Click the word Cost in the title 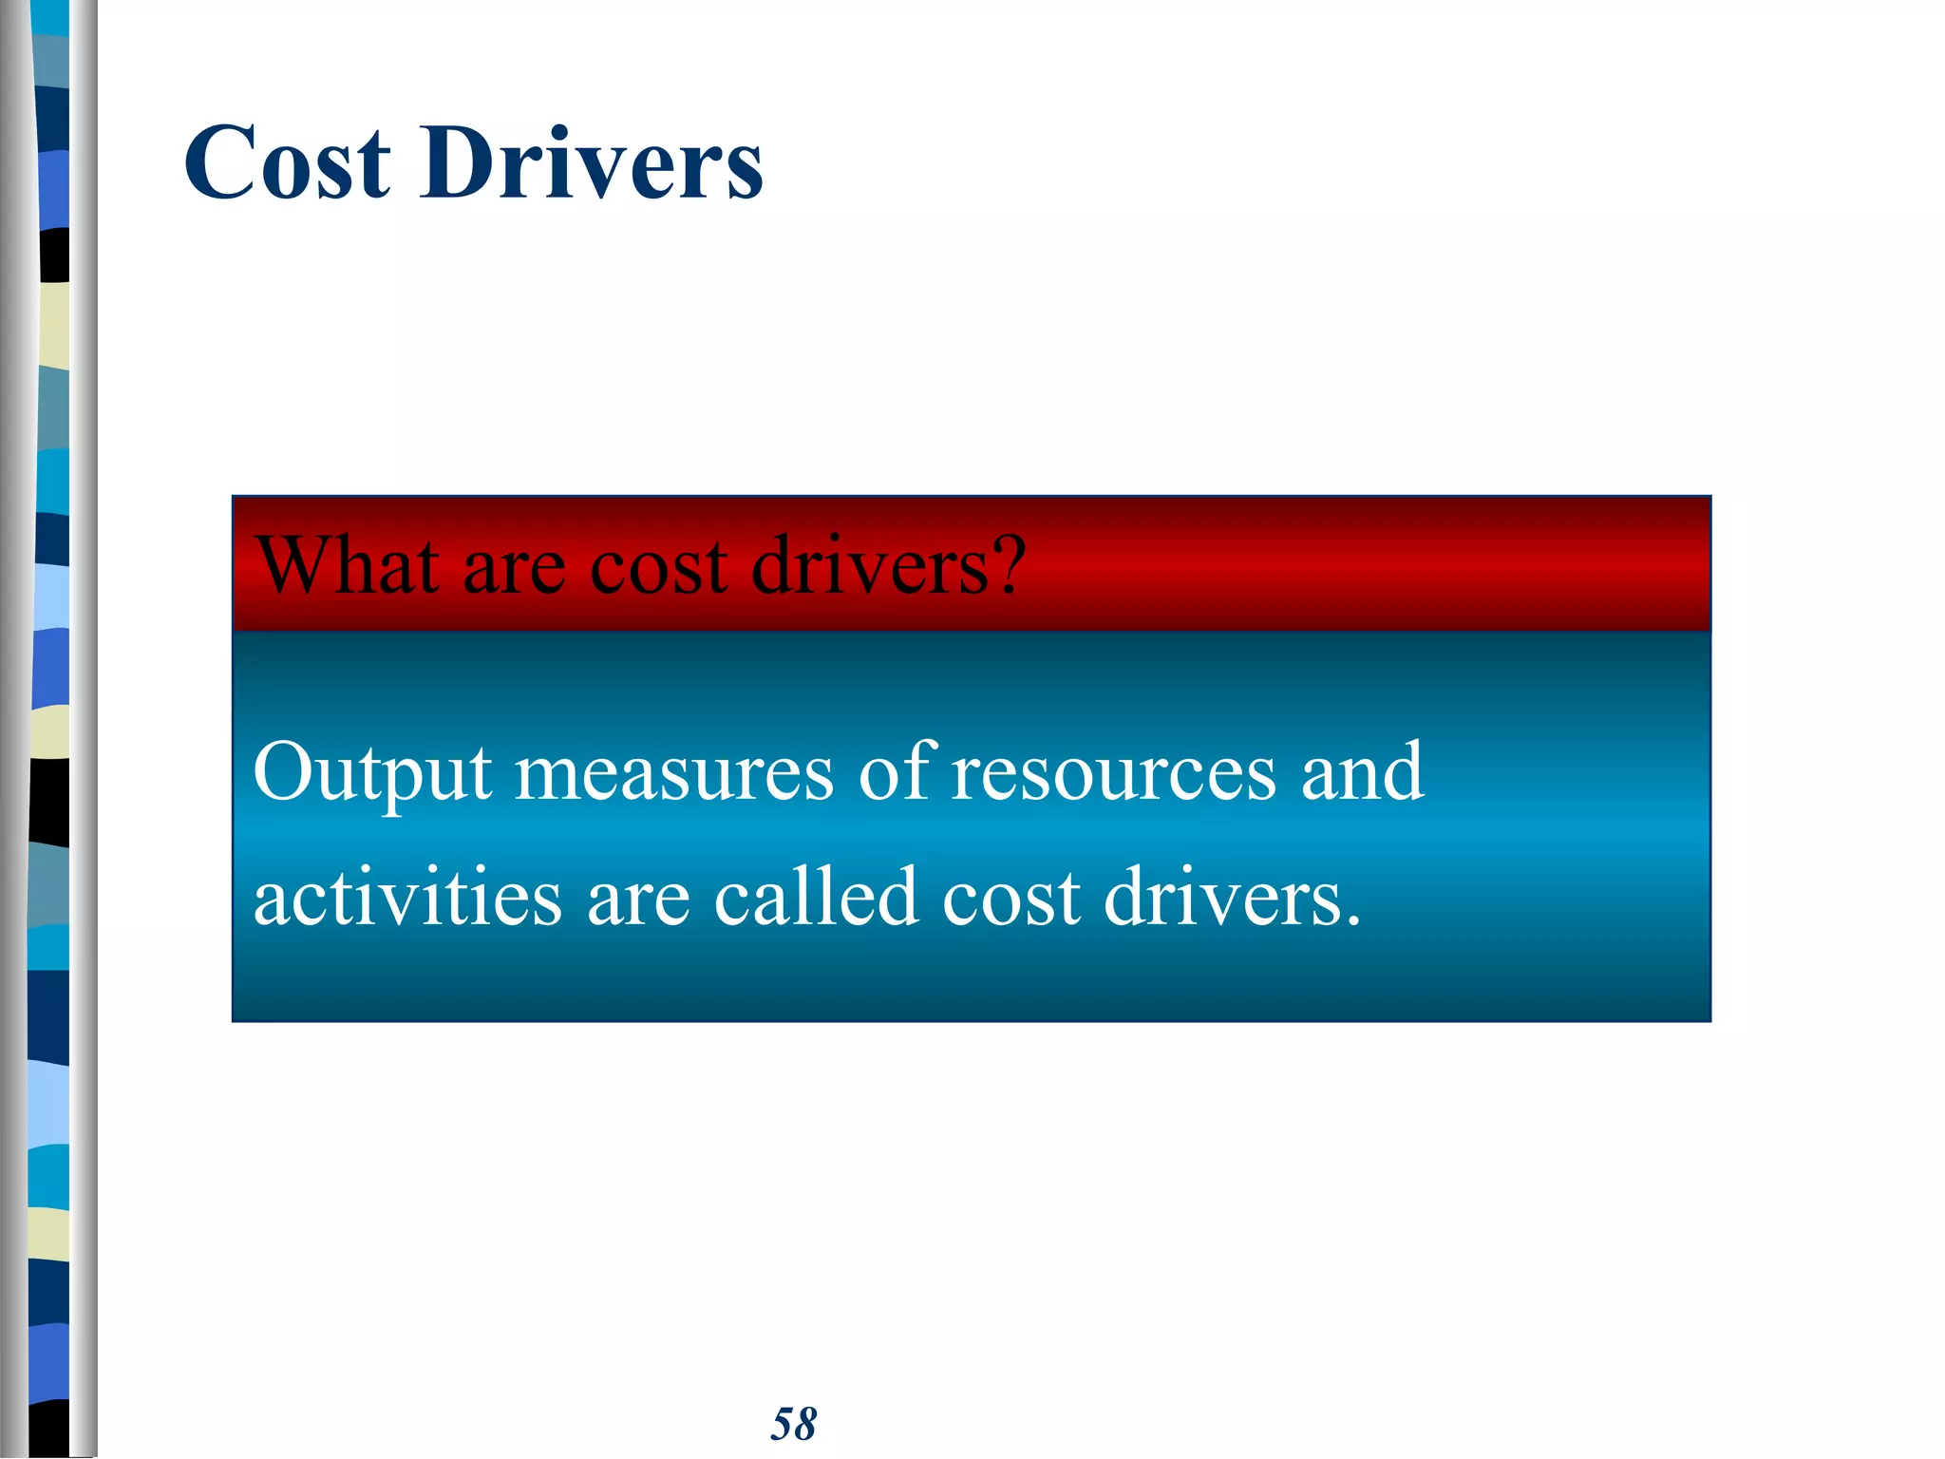click(x=287, y=164)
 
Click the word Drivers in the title click(x=591, y=164)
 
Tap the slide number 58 click(x=793, y=1424)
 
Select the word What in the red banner click(x=347, y=567)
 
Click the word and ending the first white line click(x=1362, y=771)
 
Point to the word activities click(x=407, y=898)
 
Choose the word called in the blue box click(x=815, y=898)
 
